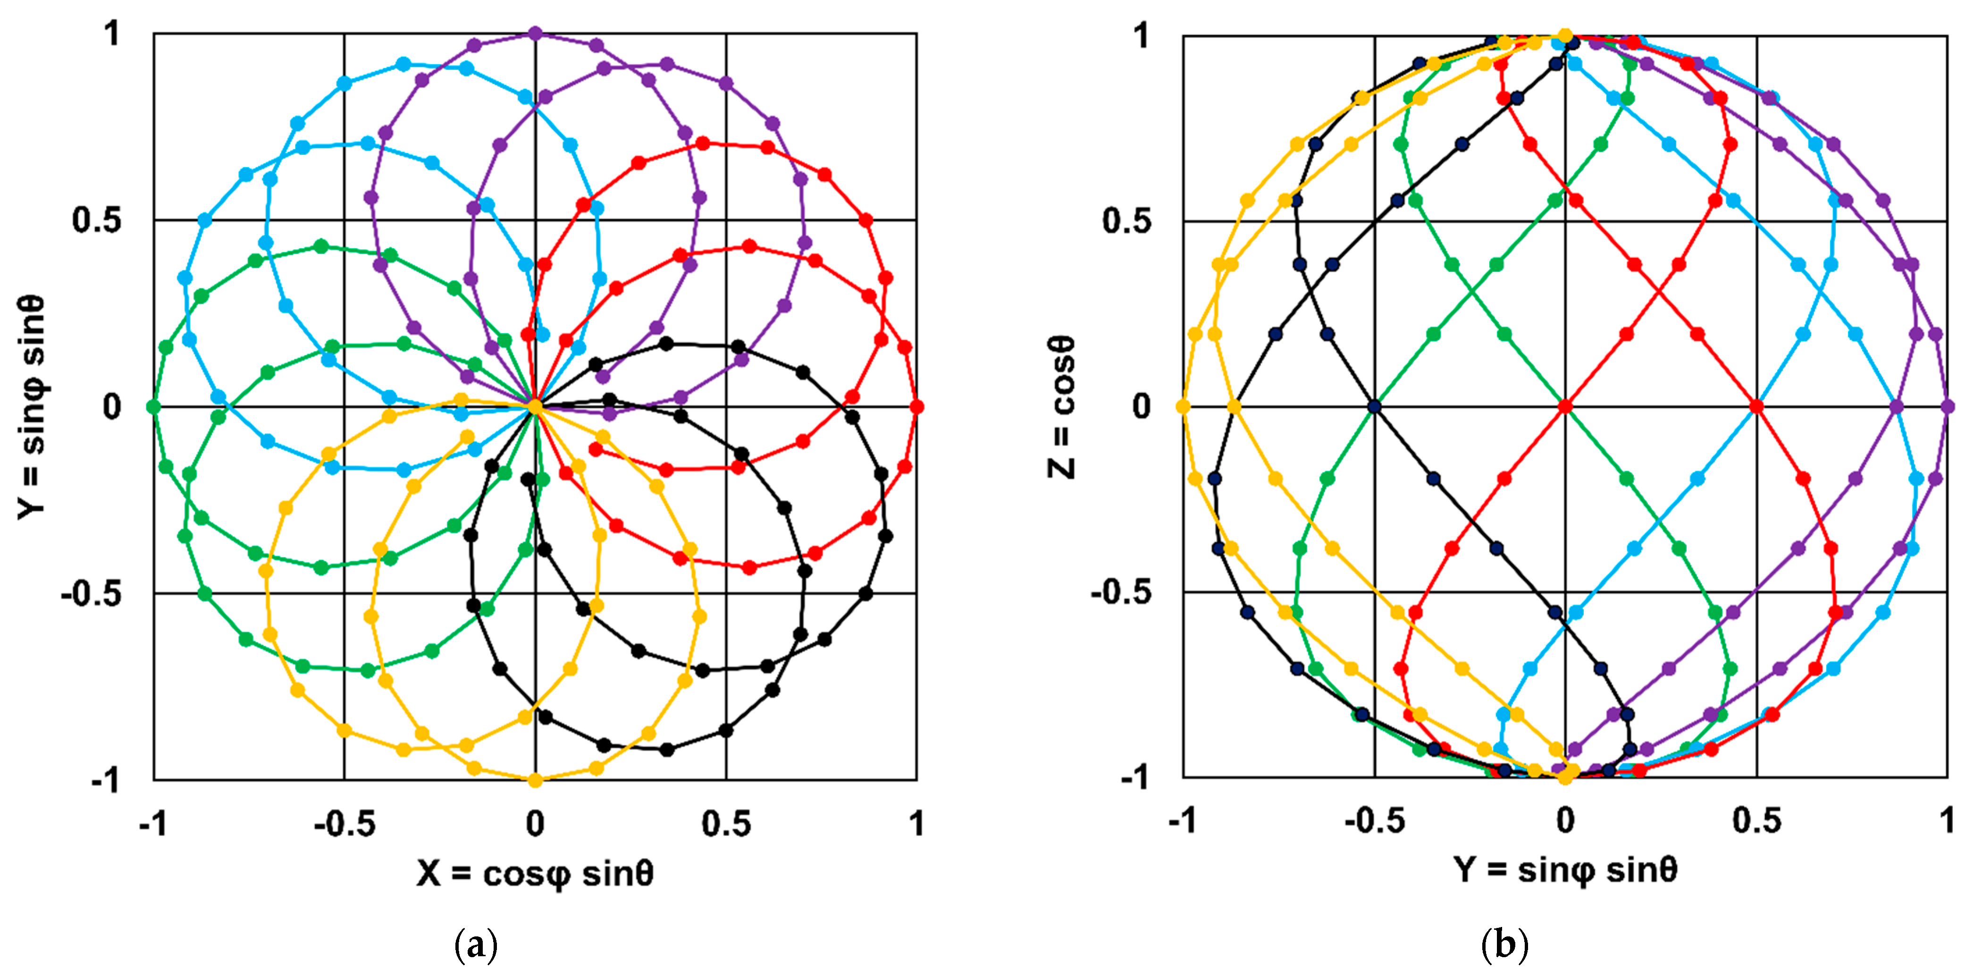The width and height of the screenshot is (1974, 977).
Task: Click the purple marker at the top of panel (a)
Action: pos(535,34)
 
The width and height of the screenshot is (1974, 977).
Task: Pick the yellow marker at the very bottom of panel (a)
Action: pos(535,779)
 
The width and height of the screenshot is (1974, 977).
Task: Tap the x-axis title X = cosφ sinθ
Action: pos(535,873)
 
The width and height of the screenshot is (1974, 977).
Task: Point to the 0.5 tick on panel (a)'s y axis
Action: pos(97,220)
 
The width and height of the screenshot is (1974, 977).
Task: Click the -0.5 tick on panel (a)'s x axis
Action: pos(344,824)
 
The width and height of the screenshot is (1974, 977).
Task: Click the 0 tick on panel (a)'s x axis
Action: pos(535,824)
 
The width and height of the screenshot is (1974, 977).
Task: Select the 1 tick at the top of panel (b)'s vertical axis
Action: pos(1142,35)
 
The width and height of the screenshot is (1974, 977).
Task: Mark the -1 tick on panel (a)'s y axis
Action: pos(106,779)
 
